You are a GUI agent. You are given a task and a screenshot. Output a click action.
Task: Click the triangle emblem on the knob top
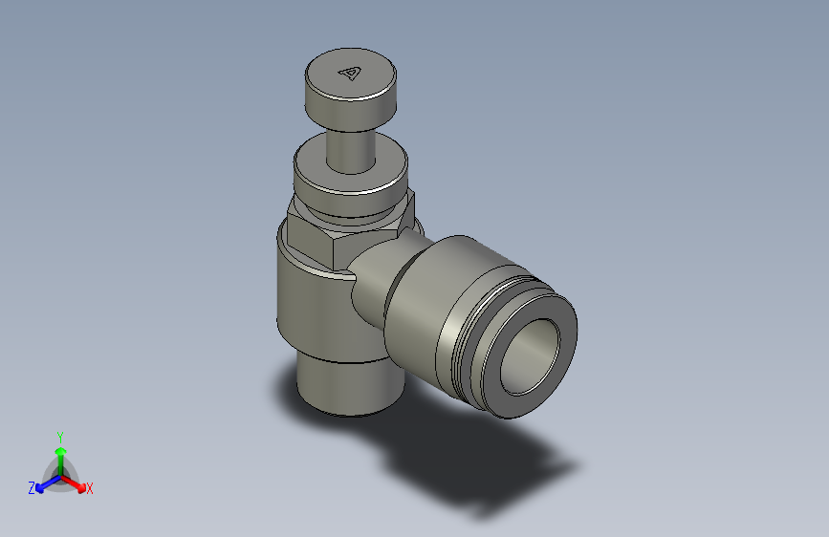(351, 73)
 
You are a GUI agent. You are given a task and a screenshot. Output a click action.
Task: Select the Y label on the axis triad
(59, 435)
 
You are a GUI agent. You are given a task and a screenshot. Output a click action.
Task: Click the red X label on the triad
(89, 489)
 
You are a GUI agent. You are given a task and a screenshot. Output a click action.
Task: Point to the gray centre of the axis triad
(59, 474)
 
